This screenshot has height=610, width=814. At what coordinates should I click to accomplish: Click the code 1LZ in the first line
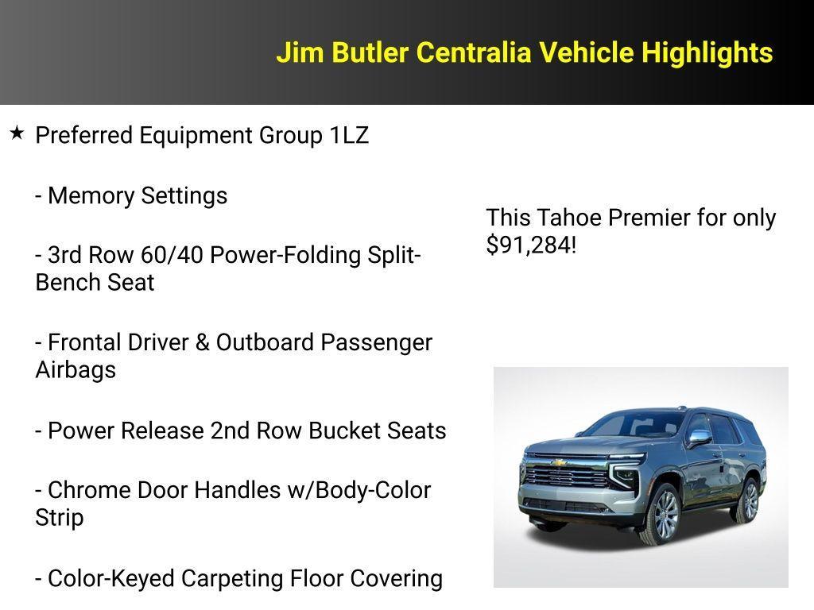pyautogui.click(x=349, y=135)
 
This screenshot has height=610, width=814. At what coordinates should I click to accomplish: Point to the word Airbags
pyautogui.click(x=76, y=369)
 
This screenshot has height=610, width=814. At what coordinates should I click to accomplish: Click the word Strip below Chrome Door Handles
pyautogui.click(x=60, y=517)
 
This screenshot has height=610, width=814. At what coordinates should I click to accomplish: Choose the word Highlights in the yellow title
pyautogui.click(x=707, y=52)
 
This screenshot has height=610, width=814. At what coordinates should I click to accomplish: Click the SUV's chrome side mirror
pyautogui.click(x=699, y=437)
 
